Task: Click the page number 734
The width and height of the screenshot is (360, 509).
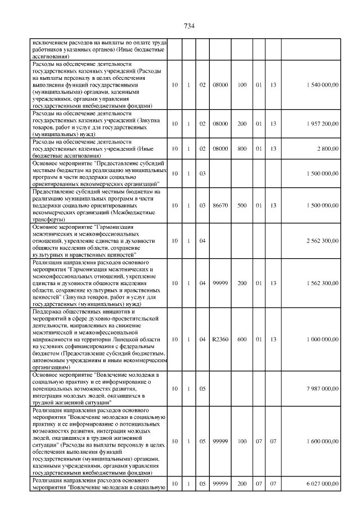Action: point(189,25)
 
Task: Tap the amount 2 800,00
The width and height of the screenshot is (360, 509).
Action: point(327,148)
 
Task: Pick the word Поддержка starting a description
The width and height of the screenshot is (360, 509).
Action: point(49,312)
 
